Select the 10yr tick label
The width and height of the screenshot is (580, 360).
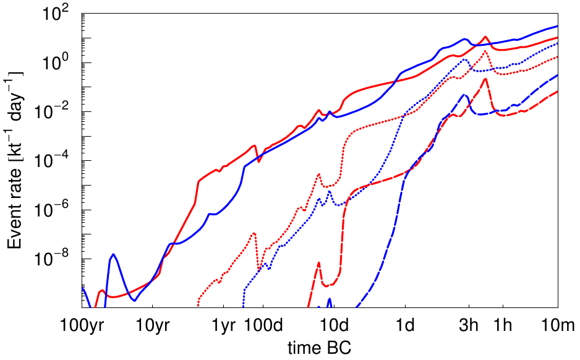coord(153,325)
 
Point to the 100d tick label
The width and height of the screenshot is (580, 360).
coord(263,325)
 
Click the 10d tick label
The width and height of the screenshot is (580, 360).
coord(334,325)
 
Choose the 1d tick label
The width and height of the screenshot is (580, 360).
coord(405,325)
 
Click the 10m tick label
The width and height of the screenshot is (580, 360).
coord(558,325)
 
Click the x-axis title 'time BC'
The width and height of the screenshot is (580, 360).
coord(320,346)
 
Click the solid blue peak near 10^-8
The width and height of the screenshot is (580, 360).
coord(114,254)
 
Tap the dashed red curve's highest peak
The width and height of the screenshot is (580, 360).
coord(486,79)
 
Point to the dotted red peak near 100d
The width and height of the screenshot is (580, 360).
coord(254,233)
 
